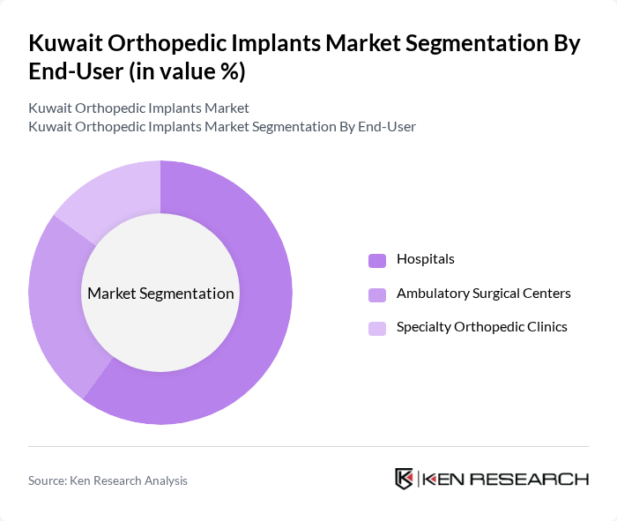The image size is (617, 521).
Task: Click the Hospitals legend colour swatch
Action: [x=377, y=260]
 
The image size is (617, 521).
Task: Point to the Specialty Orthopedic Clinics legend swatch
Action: [x=377, y=328]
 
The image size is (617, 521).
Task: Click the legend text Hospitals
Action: [x=426, y=259]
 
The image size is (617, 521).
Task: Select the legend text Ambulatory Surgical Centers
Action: [x=484, y=294]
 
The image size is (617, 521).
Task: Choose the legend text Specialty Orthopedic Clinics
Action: [x=482, y=327]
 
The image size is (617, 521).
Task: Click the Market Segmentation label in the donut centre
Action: [x=160, y=294]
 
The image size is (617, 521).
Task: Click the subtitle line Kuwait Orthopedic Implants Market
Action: [x=138, y=108]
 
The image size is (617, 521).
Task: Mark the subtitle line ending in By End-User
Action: [x=222, y=127]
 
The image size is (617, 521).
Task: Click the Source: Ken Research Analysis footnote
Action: [x=108, y=480]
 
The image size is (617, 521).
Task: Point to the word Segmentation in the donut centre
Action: [x=190, y=294]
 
